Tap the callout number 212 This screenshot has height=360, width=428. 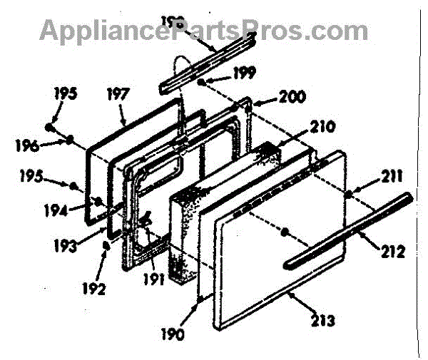[393, 252]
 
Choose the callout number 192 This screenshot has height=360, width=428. [93, 289]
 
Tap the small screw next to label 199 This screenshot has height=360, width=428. [204, 83]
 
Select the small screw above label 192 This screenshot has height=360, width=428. [106, 245]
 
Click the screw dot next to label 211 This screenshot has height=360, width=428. [347, 193]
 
